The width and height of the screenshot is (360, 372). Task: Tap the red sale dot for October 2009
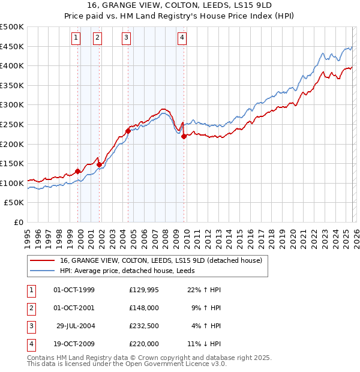coord(184,136)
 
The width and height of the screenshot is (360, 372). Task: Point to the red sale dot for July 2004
coord(128,131)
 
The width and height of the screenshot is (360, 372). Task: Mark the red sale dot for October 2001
coord(99,164)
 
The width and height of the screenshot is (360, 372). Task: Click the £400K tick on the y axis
coord(12,65)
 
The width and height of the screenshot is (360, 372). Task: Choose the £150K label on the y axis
coord(12,163)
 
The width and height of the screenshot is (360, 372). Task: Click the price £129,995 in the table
coord(144,290)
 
